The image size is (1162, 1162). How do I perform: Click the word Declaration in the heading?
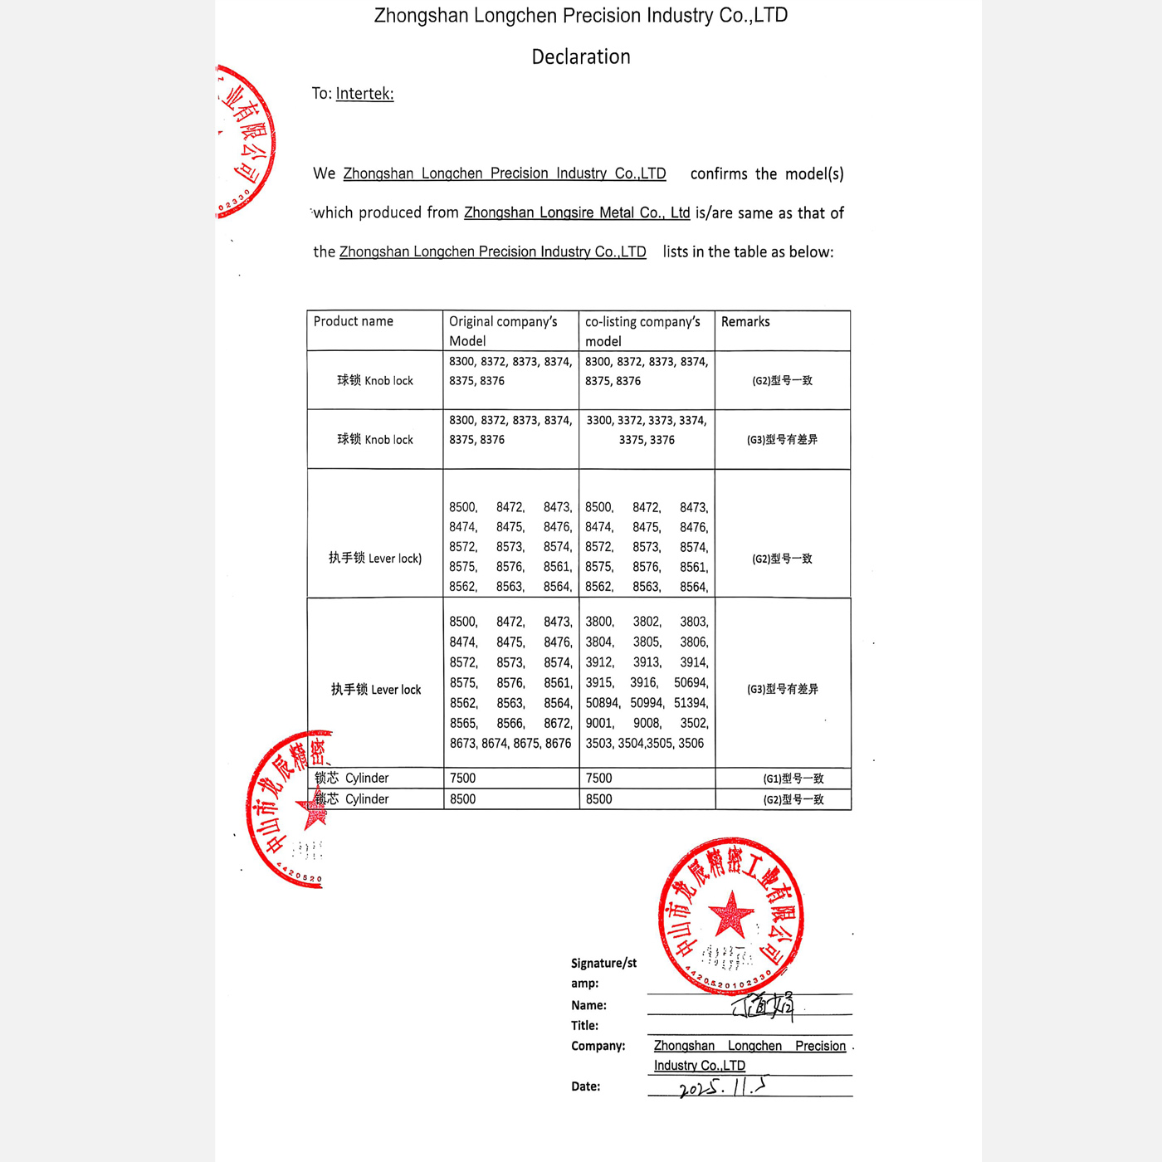coord(581,56)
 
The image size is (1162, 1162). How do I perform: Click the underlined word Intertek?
coord(364,94)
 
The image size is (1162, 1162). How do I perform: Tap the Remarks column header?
coord(745,322)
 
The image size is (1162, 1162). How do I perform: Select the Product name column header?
coord(354,322)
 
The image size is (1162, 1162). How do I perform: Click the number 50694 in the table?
coord(691,683)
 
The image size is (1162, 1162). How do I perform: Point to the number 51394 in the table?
coord(691,703)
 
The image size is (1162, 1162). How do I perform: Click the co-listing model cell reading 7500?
coord(598,779)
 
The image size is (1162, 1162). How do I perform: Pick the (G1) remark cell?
coord(793,779)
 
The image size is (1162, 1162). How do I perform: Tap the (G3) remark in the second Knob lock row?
coord(782,440)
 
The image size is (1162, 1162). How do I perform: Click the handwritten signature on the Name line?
coord(764,1007)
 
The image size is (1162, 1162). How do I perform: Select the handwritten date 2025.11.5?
coord(723,1087)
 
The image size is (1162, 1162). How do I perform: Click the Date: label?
coord(585,1086)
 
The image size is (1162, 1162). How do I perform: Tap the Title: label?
coord(584,1026)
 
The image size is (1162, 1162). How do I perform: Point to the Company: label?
coord(598,1046)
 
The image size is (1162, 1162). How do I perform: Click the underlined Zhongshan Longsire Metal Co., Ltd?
coord(577,212)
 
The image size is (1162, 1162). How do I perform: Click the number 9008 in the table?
coord(647,724)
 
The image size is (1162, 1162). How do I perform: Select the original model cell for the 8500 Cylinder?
coord(463,799)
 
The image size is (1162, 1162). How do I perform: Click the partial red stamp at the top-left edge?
coord(245,141)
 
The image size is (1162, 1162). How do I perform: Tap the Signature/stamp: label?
coord(603,973)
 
